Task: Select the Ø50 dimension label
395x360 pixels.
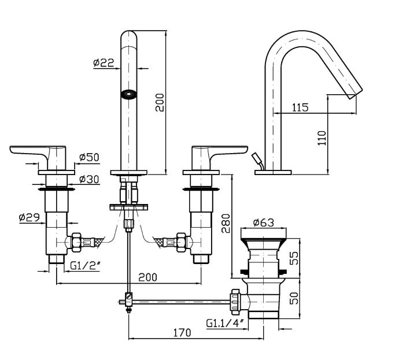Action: coord(89,157)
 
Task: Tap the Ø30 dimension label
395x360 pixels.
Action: coord(89,180)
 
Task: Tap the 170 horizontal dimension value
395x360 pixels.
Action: coord(182,332)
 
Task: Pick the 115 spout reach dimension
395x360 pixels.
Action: coord(300,107)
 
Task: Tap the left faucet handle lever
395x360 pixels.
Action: coord(35,152)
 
